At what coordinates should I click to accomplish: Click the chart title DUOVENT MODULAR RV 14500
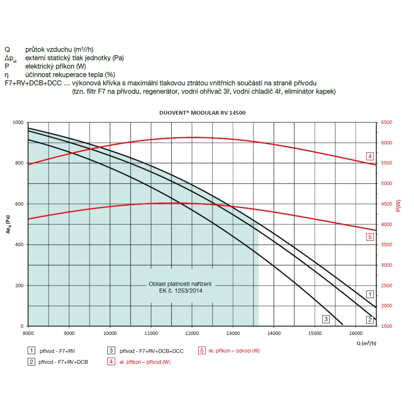coord(202,113)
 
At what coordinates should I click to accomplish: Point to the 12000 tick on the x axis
coord(192,332)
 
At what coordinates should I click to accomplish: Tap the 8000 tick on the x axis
coord(28,332)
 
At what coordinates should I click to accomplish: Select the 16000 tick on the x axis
coord(355,332)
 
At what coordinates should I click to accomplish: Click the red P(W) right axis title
coord(398,206)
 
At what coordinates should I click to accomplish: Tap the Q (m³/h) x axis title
coord(366,343)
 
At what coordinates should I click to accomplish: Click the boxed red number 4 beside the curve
coord(370,156)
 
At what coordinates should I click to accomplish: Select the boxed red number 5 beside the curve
coord(370,237)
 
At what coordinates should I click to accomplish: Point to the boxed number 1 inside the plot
coord(370,294)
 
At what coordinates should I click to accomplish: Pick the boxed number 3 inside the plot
coord(326,319)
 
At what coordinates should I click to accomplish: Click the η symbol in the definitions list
coord(7,75)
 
